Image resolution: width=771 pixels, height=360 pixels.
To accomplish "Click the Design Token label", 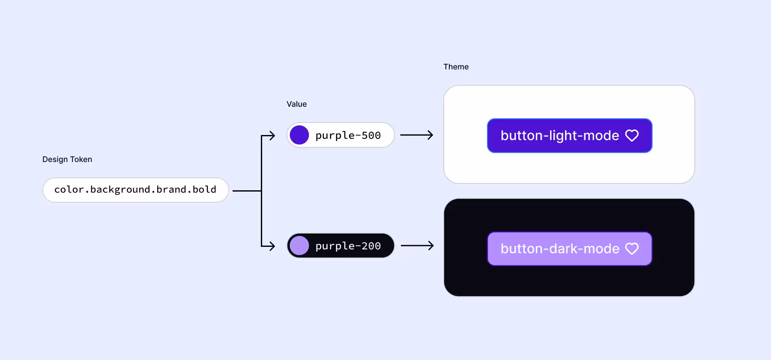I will click(67, 159).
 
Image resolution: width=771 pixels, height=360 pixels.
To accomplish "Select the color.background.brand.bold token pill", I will click(135, 190).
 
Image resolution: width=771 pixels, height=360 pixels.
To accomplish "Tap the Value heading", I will click(296, 104).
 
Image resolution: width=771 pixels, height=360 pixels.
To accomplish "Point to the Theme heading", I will click(456, 67).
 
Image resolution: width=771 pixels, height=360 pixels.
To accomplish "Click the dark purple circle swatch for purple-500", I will click(299, 135).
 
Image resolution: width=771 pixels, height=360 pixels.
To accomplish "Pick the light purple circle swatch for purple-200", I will click(299, 246).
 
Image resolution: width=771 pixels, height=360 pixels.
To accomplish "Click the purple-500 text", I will click(348, 135).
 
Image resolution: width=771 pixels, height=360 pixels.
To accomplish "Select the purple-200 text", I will click(348, 246).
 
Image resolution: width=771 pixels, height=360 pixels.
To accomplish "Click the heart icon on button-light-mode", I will click(632, 135).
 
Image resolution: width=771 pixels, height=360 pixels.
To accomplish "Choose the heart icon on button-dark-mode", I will click(632, 249).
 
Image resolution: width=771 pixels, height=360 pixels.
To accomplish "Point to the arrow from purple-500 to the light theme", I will click(417, 135).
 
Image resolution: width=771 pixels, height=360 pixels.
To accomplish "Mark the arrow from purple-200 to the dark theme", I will click(417, 246).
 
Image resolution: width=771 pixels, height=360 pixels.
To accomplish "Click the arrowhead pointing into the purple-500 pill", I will click(272, 136).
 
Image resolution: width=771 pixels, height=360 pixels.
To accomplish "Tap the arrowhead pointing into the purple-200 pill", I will click(272, 246).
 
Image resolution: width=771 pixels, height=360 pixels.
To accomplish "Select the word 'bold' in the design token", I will click(204, 189).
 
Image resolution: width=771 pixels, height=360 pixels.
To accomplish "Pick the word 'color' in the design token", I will click(69, 189).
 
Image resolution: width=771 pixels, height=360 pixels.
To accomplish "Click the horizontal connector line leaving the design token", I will click(246, 191).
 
